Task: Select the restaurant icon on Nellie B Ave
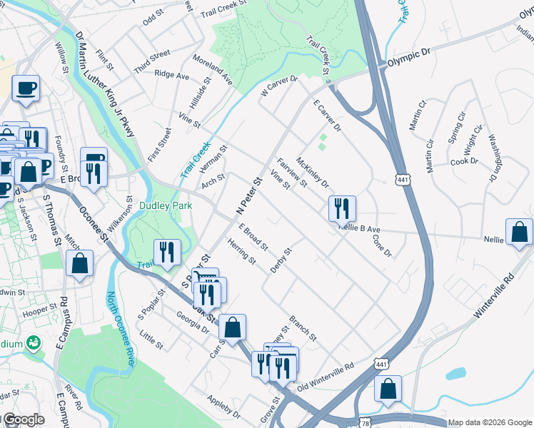pos(342,208)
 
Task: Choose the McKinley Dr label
pos(312,173)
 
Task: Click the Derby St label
pos(282,260)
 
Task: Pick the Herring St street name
pos(242,252)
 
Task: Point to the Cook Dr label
pos(464,162)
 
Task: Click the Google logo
pos(23,419)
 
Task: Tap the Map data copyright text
pos(489,422)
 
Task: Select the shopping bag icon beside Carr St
pos(232,327)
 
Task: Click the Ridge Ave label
pos(171,75)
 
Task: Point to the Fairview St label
pos(291,172)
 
